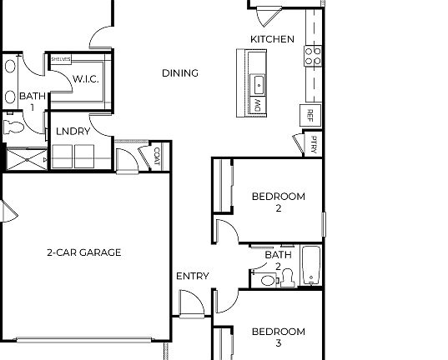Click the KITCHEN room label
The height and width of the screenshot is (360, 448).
click(272, 39)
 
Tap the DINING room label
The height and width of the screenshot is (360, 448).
click(179, 73)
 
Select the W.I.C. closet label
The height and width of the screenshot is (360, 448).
click(86, 79)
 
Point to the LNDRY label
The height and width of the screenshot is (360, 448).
click(73, 131)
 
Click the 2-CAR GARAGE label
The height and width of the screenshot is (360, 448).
click(83, 252)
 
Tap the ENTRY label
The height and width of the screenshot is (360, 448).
click(192, 276)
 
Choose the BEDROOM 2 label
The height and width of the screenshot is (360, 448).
click(278, 202)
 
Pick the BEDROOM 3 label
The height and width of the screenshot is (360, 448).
click(278, 337)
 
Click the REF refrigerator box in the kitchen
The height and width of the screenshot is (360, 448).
click(310, 114)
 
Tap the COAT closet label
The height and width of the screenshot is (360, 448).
click(157, 155)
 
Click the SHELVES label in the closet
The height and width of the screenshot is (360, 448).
click(60, 60)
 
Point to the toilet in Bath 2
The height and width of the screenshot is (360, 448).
click(287, 277)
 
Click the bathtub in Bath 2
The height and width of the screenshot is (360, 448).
click(311, 266)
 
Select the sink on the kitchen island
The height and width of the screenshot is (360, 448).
click(259, 82)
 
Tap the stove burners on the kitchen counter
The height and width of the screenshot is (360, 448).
click(312, 55)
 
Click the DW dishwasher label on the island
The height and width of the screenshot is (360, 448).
click(258, 106)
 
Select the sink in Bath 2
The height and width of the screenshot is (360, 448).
click(267, 280)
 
